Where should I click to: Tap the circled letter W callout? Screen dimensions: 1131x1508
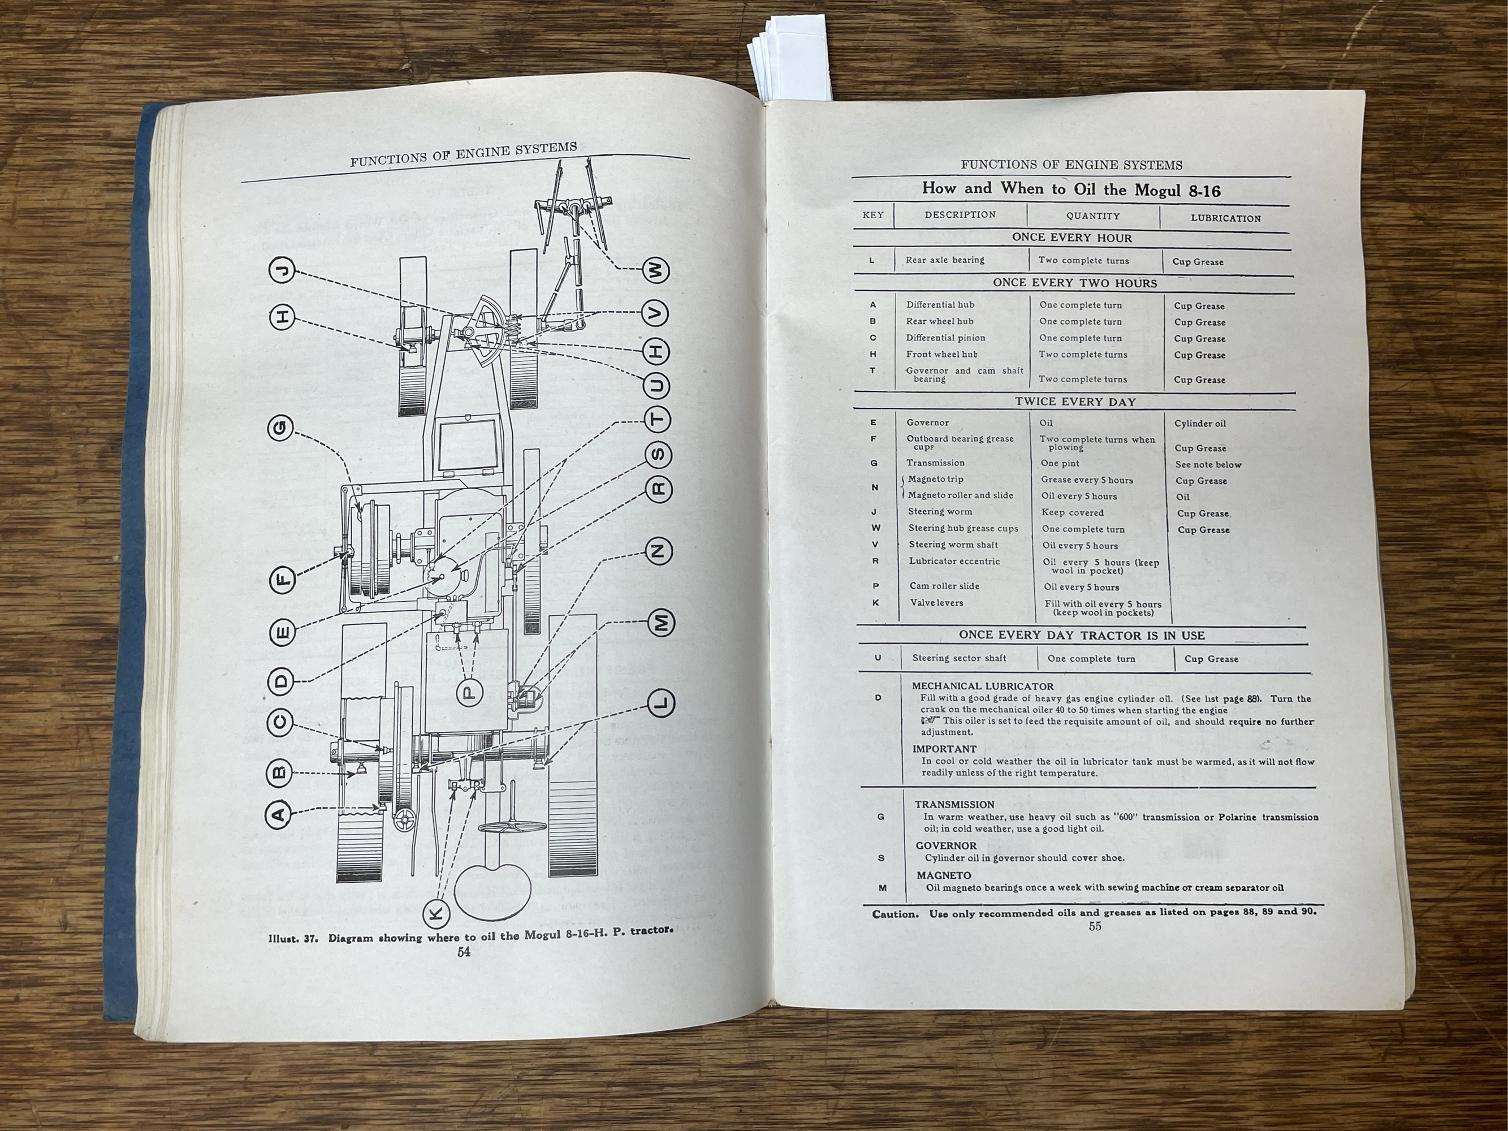tap(656, 271)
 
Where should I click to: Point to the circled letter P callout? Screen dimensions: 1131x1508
tap(470, 693)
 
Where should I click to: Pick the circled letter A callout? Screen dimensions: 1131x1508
tap(278, 813)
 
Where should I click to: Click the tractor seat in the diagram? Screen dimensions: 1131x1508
tap(494, 890)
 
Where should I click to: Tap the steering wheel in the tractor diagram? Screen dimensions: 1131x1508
tap(511, 827)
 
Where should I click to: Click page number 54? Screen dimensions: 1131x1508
tap(464, 952)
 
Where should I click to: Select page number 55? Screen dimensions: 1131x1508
tap(1094, 926)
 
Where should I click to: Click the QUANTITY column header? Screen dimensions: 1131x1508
tap(1093, 216)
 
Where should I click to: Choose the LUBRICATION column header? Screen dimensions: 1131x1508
tap(1226, 219)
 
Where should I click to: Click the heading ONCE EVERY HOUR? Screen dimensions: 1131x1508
tap(1071, 238)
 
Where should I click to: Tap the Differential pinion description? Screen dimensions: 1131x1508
tap(945, 338)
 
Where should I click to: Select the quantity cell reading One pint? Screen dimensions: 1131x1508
tap(1060, 464)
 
